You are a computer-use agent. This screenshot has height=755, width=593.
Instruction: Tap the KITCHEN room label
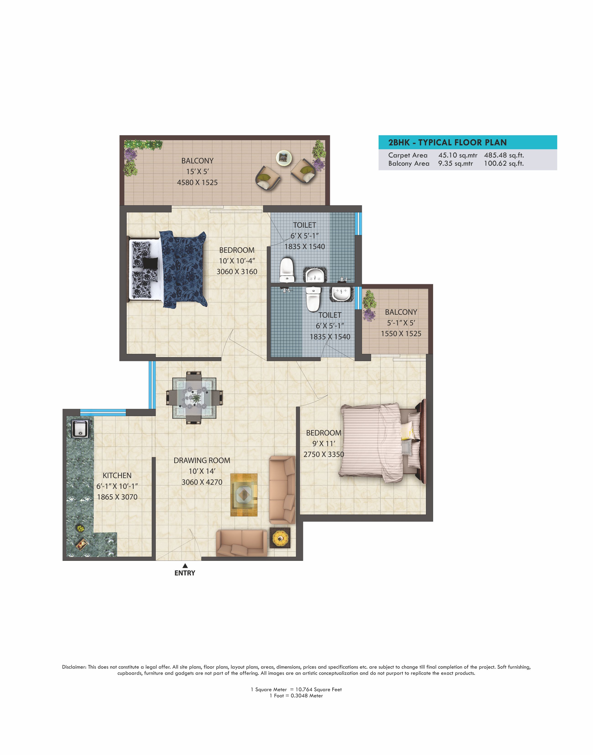[x=117, y=475]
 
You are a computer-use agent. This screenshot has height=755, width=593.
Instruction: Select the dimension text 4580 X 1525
[x=197, y=182]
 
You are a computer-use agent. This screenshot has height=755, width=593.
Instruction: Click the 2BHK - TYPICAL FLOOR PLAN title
[x=447, y=142]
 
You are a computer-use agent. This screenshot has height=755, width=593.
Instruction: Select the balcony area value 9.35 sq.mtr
[x=455, y=163]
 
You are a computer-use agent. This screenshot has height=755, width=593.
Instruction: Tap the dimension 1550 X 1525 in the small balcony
[x=401, y=334]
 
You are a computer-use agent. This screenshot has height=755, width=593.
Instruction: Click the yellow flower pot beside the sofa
[x=280, y=538]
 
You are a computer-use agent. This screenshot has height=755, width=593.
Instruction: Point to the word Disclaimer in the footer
[x=74, y=667]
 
